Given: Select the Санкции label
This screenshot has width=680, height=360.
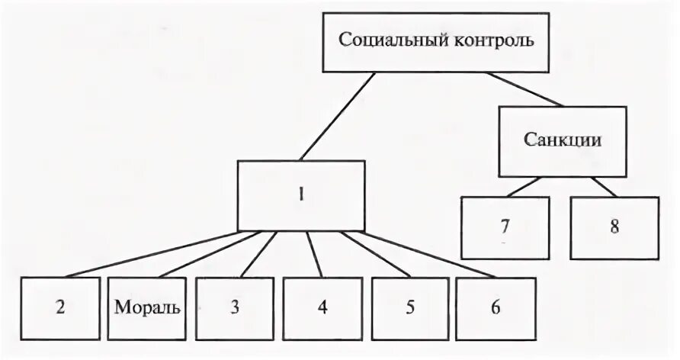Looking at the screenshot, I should (563, 140).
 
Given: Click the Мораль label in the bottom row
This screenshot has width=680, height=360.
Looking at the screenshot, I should (148, 308).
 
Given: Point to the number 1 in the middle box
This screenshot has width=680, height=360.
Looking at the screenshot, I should (300, 194).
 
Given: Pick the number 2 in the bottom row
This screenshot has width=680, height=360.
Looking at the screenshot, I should (60, 308).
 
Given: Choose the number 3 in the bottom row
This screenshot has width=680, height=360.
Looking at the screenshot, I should (235, 308).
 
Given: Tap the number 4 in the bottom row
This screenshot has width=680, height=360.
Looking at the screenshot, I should (322, 308).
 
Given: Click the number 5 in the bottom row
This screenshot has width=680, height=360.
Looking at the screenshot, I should (410, 308).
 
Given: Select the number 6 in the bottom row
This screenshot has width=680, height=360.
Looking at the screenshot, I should (496, 308).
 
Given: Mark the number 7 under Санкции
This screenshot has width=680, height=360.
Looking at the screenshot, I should (504, 227).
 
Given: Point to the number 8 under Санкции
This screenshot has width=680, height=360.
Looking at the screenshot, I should (614, 227).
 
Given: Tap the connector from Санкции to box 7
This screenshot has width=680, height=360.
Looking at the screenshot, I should (526, 186).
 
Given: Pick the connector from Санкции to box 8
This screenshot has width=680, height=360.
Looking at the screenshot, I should (602, 186).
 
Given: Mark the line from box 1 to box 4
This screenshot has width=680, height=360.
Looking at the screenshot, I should (315, 254).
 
